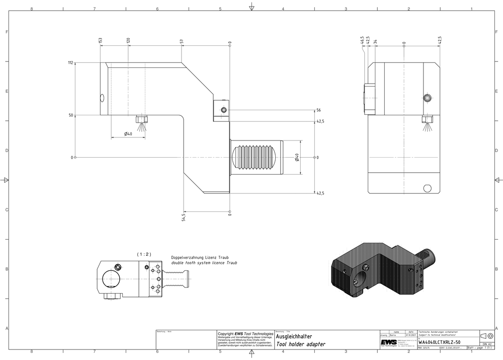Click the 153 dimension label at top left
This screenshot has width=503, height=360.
pyautogui.click(x=101, y=40)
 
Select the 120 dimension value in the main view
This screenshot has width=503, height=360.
pyautogui.click(x=128, y=40)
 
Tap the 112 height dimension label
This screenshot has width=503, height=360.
pyautogui.click(x=70, y=63)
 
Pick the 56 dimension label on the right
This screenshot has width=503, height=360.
pyautogui.click(x=318, y=110)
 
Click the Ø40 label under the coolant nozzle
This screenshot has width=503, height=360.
pyautogui.click(x=128, y=134)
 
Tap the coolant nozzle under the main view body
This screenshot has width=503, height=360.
pyautogui.click(x=142, y=121)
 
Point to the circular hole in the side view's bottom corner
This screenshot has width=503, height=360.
pyautogui.click(x=428, y=188)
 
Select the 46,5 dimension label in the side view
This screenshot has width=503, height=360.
pyautogui.click(x=362, y=40)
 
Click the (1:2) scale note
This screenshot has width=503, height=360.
pyautogui.click(x=144, y=254)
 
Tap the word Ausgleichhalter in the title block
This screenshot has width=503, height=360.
pyautogui.click(x=294, y=336)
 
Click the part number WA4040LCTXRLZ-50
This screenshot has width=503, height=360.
pyautogui.click(x=439, y=342)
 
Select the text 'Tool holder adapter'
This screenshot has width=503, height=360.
pyautogui.click(x=300, y=344)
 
